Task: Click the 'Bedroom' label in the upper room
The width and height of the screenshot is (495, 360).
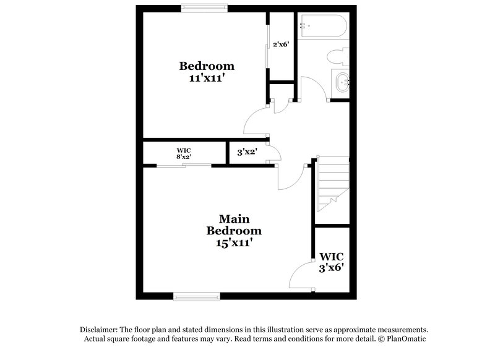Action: (207, 66)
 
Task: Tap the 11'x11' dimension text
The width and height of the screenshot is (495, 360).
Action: (207, 79)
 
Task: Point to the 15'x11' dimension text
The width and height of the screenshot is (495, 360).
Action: (233, 244)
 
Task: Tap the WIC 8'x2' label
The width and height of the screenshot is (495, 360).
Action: (183, 153)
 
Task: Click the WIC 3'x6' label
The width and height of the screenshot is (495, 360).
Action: (332, 262)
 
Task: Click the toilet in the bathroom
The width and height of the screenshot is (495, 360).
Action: (338, 57)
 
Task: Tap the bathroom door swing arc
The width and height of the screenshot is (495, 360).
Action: (314, 86)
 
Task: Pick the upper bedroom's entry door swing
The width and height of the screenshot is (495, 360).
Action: (256, 121)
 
